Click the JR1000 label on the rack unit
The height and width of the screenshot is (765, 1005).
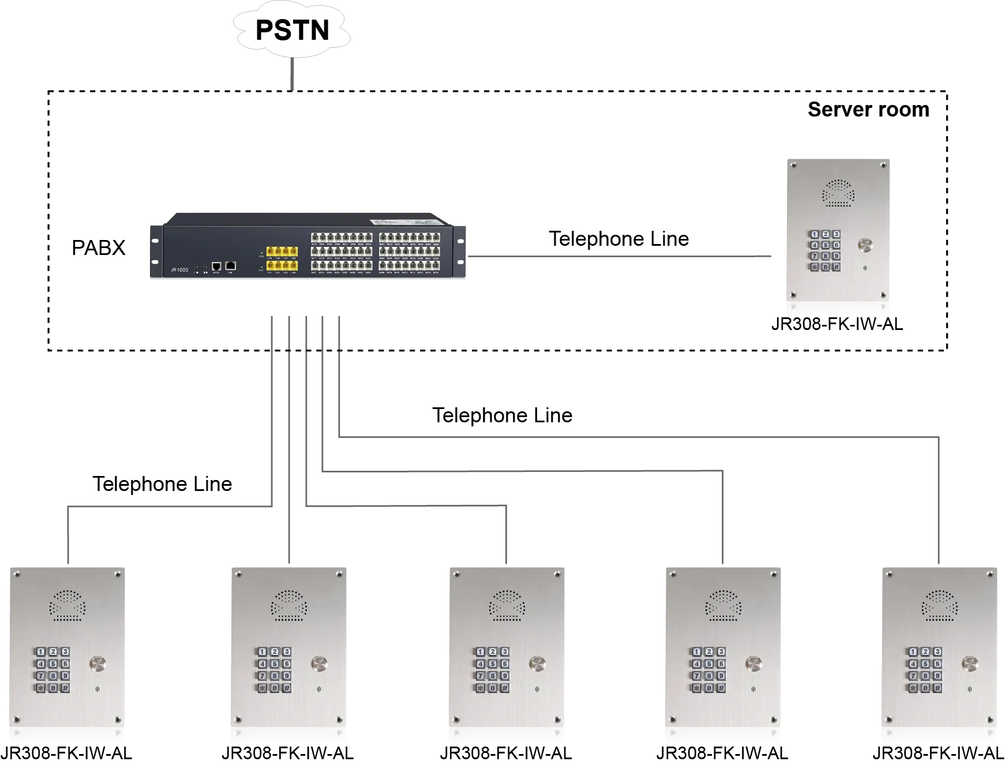click(x=179, y=269)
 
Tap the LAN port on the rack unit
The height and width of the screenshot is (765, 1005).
click(x=230, y=265)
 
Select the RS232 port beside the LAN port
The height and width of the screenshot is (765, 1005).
click(x=216, y=266)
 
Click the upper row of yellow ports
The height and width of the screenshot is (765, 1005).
click(x=282, y=252)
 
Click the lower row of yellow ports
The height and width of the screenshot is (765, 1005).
click(x=282, y=265)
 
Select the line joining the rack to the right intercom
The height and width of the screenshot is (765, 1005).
click(x=623, y=256)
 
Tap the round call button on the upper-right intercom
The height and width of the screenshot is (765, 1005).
click(x=865, y=246)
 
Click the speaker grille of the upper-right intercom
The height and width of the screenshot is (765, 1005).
click(x=838, y=193)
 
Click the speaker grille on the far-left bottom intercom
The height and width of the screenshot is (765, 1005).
click(x=67, y=605)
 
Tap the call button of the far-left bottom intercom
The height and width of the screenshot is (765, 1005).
click(x=97, y=663)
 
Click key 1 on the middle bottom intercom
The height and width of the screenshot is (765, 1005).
click(x=479, y=652)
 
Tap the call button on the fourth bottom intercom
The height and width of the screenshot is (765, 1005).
click(x=753, y=663)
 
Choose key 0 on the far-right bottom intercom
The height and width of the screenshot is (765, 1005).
click(x=925, y=688)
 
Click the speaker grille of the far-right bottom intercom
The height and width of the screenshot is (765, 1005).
click(x=940, y=605)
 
